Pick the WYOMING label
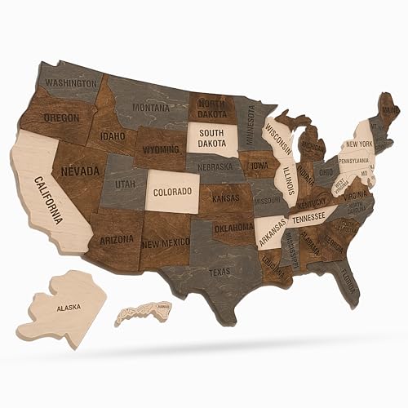pos(161,150)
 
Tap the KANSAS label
pos(225,198)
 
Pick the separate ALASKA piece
pos(68,309)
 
